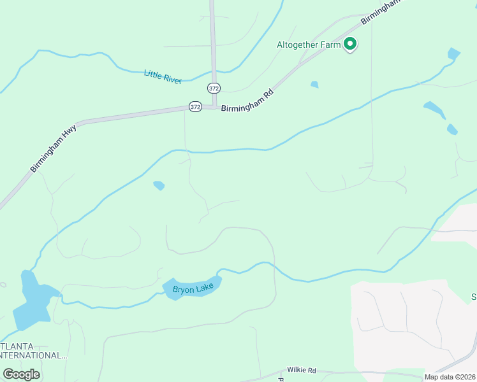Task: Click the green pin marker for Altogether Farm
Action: (349, 44)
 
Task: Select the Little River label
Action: (163, 76)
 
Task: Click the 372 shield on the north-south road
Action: (214, 87)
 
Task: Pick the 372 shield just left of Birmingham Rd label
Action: (195, 107)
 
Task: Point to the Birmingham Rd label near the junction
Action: (247, 101)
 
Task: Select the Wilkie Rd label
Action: (301, 370)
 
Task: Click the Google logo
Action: (21, 374)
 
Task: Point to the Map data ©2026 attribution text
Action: (450, 377)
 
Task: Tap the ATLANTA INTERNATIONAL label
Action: (33, 351)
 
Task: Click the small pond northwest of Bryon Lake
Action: (159, 185)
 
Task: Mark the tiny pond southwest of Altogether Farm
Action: (314, 84)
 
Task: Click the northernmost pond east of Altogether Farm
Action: (453, 54)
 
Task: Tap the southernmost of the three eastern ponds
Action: (452, 129)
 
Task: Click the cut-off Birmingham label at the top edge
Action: (383, 11)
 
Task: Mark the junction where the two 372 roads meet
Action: (214, 107)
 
